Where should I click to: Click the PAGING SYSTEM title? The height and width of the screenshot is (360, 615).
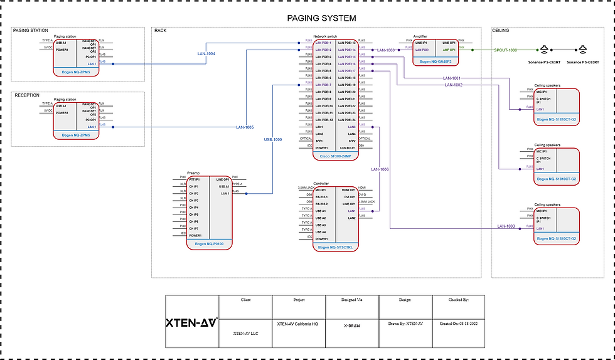click(321, 18)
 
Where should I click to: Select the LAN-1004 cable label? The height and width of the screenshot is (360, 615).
click(206, 54)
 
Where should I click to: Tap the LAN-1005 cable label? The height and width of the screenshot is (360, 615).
click(245, 127)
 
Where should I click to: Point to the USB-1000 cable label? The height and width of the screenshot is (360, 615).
click(273, 139)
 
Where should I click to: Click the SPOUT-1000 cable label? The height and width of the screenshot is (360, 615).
click(505, 50)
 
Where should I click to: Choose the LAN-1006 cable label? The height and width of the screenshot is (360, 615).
click(380, 169)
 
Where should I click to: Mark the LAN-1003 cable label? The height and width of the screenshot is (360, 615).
click(506, 226)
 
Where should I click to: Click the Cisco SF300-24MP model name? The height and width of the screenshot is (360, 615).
click(335, 156)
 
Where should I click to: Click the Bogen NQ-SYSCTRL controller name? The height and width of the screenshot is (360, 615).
click(335, 247)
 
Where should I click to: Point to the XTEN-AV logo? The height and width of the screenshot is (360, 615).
click(191, 323)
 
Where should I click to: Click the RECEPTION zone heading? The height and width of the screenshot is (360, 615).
click(28, 95)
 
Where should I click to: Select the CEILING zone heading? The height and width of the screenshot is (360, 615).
click(501, 30)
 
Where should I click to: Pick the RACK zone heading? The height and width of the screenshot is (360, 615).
click(161, 30)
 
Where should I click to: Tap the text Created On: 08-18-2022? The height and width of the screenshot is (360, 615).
click(458, 324)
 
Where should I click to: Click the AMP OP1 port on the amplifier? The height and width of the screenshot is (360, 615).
click(449, 50)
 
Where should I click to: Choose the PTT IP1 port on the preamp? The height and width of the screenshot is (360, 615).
click(195, 179)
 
